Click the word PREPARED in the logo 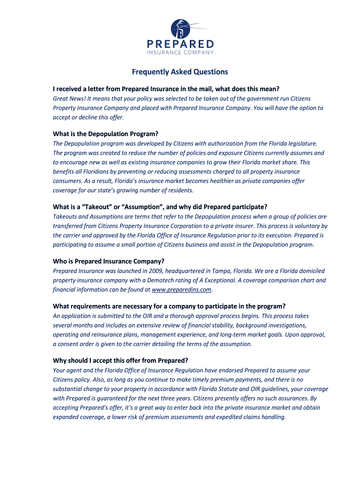pyautogui.click(x=180, y=44)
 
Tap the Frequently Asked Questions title pyautogui.click(x=180, y=72)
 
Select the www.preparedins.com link pyautogui.click(x=182, y=290)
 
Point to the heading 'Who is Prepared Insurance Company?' pyautogui.click(x=109, y=261)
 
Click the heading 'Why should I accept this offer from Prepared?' pyautogui.click(x=121, y=360)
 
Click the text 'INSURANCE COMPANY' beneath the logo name pyautogui.click(x=180, y=53)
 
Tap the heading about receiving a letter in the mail pyautogui.click(x=166, y=88)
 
